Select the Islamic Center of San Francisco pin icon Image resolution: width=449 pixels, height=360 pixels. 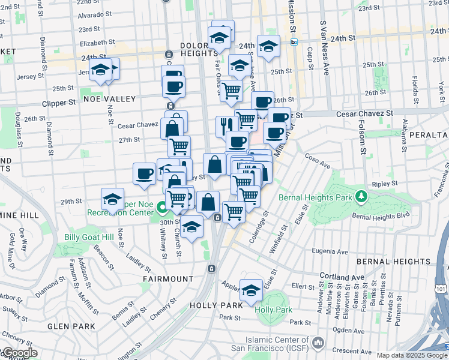(x=318, y=343)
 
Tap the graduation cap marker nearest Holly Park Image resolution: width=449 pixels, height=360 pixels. (x=251, y=291)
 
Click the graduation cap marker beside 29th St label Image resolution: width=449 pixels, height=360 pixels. (x=112, y=199)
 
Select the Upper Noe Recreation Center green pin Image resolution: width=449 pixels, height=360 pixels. (x=161, y=208)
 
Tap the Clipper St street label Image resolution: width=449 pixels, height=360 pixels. (x=59, y=103)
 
